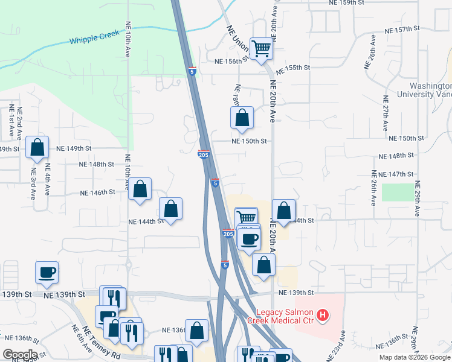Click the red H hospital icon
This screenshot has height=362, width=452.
323,315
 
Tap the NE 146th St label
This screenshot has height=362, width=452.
97,193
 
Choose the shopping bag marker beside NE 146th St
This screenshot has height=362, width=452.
140,189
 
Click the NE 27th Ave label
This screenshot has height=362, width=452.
385,113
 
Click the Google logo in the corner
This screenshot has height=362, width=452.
20,355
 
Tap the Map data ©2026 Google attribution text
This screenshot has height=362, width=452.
415,357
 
